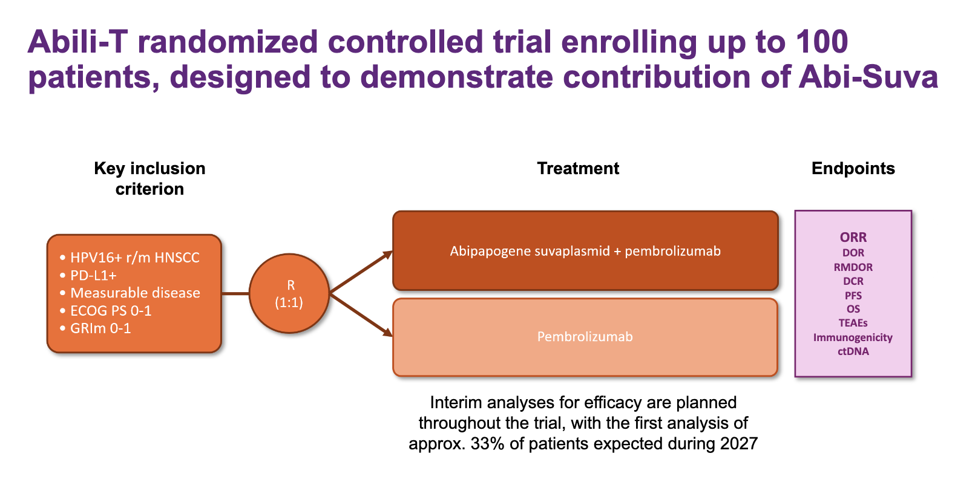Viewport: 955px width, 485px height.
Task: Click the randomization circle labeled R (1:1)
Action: [x=289, y=293]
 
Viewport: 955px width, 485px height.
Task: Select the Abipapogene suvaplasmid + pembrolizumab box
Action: [x=585, y=250]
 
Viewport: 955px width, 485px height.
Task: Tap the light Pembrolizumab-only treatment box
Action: [x=585, y=337]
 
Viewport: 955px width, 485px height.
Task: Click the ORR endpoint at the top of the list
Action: [x=853, y=237]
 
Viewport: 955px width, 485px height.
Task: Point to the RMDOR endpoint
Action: [x=853, y=267]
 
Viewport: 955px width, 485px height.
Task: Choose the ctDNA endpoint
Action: [x=853, y=351]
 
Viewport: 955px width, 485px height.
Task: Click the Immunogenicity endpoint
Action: [x=853, y=337]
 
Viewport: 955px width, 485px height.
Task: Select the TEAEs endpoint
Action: [x=853, y=323]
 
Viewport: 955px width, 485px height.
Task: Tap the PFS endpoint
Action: [x=853, y=295]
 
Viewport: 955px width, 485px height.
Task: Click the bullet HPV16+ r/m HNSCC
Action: [x=130, y=258]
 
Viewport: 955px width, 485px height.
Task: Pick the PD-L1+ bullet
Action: [x=88, y=275]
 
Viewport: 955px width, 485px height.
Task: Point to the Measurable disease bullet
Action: [x=130, y=293]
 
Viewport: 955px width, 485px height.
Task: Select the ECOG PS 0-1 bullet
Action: [x=106, y=311]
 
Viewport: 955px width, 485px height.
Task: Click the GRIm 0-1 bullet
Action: [x=96, y=328]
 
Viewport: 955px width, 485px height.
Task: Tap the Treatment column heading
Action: [x=578, y=168]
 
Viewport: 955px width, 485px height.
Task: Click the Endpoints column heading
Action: [x=853, y=168]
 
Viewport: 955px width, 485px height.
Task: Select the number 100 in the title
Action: [x=822, y=42]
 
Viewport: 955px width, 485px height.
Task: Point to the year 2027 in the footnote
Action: [x=739, y=444]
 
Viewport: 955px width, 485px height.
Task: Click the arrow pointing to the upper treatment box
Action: [x=361, y=272]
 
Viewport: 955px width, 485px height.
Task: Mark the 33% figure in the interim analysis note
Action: [x=487, y=444]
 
